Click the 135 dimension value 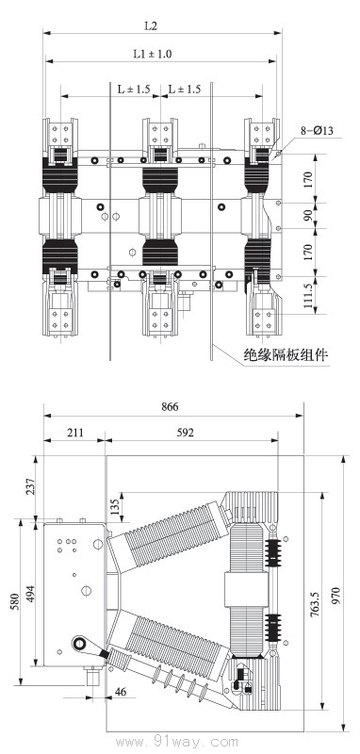pyautogui.click(x=115, y=506)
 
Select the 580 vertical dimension pyautogui.click(x=12, y=600)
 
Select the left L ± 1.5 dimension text pyautogui.click(x=134, y=89)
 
